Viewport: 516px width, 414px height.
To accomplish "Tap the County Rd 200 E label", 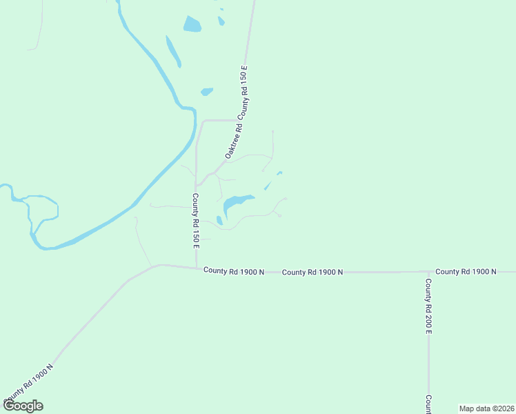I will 428,306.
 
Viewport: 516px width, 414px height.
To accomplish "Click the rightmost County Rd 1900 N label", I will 466,272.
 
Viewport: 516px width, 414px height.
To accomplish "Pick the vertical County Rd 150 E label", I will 195,220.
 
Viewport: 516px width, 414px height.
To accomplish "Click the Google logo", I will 23,406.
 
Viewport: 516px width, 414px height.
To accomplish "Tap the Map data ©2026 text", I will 486,408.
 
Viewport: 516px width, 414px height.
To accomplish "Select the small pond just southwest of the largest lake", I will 219,221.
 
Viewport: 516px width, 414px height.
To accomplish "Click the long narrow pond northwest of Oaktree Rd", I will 173,51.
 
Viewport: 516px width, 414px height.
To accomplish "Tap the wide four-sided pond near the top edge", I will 192,25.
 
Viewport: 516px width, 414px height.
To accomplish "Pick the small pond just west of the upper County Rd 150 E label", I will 206,91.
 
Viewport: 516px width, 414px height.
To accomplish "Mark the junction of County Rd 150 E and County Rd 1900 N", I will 197,268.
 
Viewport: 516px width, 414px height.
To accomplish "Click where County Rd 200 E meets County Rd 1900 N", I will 428,272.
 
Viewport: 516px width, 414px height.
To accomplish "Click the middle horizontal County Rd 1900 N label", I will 312,273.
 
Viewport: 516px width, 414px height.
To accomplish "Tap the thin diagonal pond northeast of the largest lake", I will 267,186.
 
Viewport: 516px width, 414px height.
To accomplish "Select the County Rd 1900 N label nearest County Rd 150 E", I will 234,271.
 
